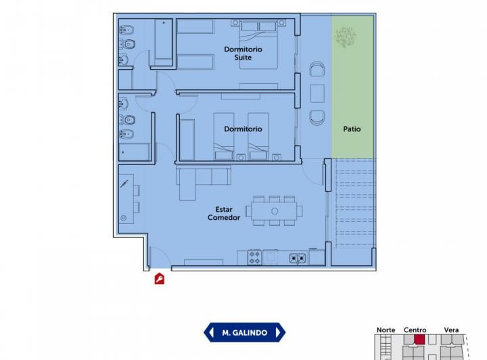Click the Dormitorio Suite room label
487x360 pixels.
point(243,53)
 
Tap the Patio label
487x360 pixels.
point(352,129)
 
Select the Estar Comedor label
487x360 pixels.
point(224,213)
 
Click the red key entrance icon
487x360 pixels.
point(160,278)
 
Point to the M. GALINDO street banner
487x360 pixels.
point(244,332)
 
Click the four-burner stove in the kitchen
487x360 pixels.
point(254,257)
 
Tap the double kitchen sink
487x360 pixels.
point(298,258)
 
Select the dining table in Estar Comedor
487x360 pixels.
point(274,211)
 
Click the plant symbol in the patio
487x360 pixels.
point(346,37)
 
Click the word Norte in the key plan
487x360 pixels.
point(386,330)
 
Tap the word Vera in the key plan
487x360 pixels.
point(451,330)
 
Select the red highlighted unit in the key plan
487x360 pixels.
point(419,339)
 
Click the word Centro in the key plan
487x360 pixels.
point(415,330)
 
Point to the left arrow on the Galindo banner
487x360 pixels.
point(212,332)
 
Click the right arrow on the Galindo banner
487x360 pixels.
point(278,332)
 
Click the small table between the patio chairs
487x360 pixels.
point(317,93)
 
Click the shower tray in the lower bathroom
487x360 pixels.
point(134,152)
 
